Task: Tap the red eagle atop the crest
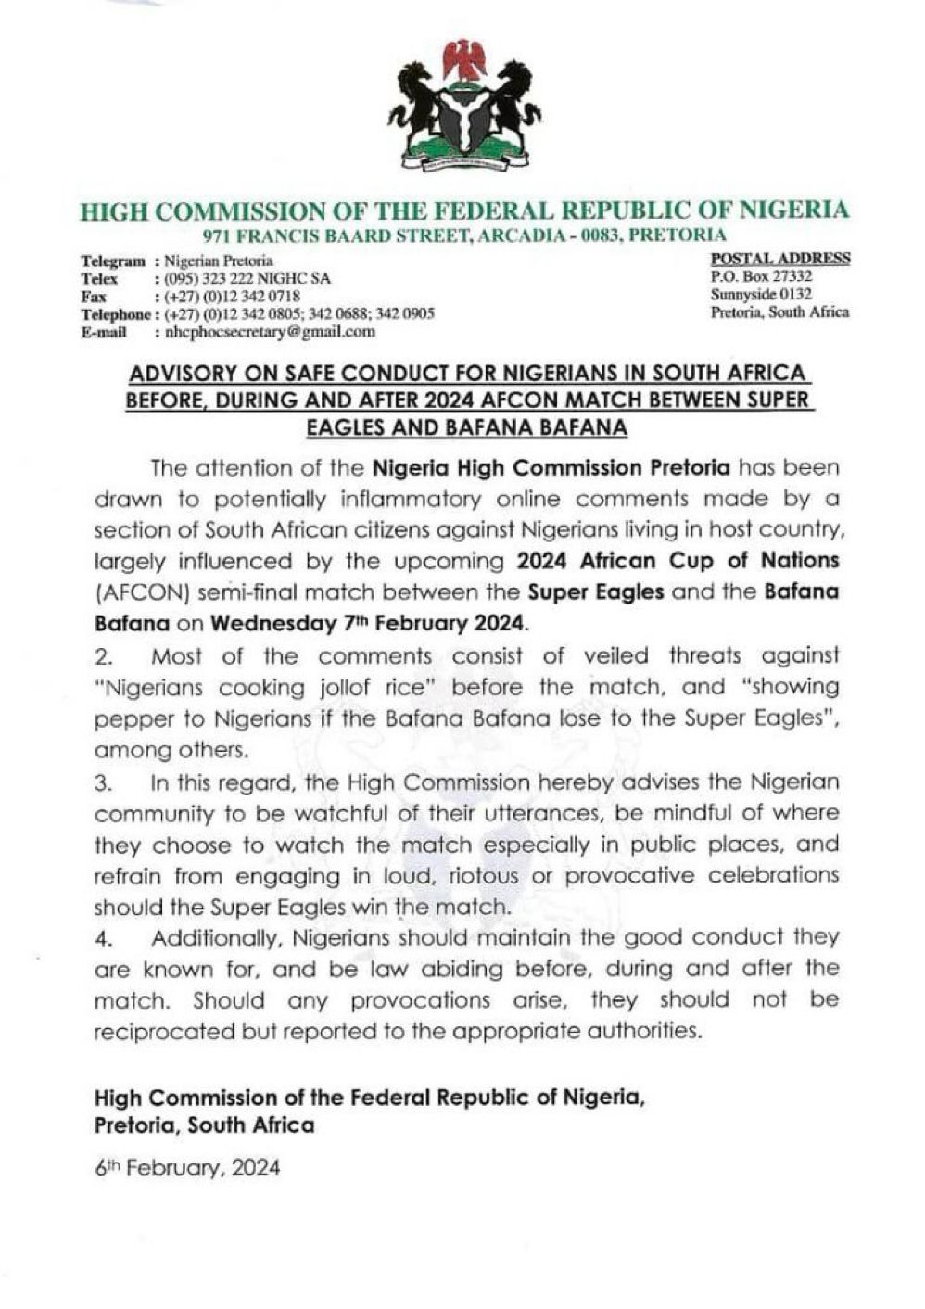(x=464, y=57)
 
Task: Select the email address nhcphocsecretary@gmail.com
(x=270, y=331)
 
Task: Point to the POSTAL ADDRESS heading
(x=779, y=259)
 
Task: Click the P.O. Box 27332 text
(x=762, y=276)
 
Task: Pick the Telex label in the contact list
(x=99, y=279)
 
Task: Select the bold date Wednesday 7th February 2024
(x=369, y=623)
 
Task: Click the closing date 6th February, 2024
(x=187, y=1168)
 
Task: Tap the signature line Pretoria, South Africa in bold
(x=204, y=1125)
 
